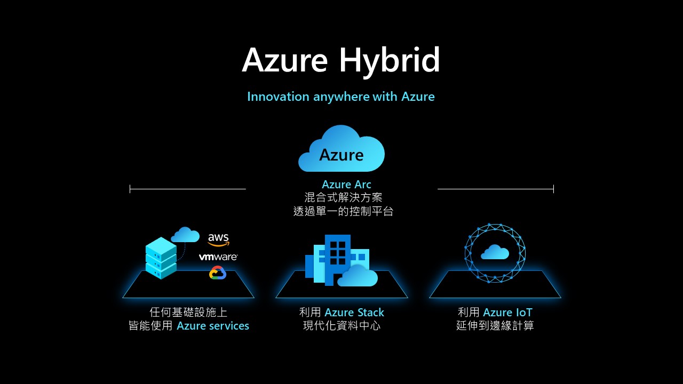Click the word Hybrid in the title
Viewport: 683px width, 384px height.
[390, 60]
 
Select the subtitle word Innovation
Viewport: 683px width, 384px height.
[278, 97]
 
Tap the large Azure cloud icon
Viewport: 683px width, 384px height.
[341, 149]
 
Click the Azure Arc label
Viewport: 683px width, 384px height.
[346, 185]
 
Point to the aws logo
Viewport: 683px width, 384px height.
[218, 239]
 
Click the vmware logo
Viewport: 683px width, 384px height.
[218, 257]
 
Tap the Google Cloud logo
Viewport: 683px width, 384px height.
[218, 273]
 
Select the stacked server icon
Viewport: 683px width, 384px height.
[161, 258]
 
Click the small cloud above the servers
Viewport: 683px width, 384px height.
[185, 235]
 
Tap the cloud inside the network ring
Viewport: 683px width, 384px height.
[495, 252]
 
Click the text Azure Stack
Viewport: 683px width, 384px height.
[354, 313]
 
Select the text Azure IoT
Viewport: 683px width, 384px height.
[507, 313]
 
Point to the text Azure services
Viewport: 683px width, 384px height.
[213, 326]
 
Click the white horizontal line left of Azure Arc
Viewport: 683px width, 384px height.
[188, 189]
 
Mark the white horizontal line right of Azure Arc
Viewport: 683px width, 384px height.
[495, 189]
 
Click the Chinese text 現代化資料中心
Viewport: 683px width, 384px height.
[341, 326]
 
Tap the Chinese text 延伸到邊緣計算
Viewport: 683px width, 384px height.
[495, 326]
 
